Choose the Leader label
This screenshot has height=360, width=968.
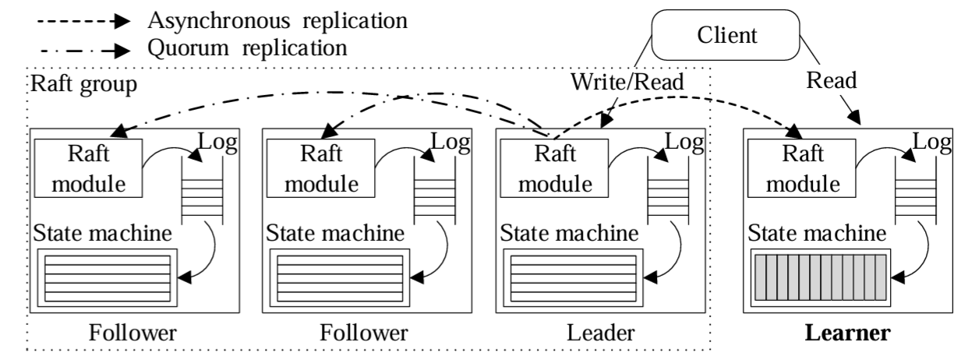[600, 333]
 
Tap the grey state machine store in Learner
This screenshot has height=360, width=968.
[818, 277]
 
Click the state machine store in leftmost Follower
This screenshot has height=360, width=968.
[106, 277]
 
